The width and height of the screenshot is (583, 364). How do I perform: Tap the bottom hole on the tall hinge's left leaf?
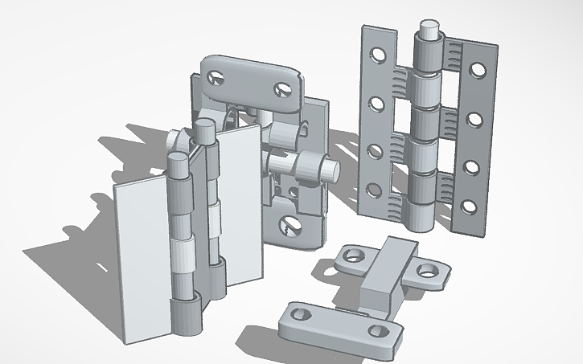[x=373, y=190]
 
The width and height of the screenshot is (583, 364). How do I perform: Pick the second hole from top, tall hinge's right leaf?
[x=475, y=120]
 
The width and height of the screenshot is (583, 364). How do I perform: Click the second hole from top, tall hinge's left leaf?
[x=376, y=103]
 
